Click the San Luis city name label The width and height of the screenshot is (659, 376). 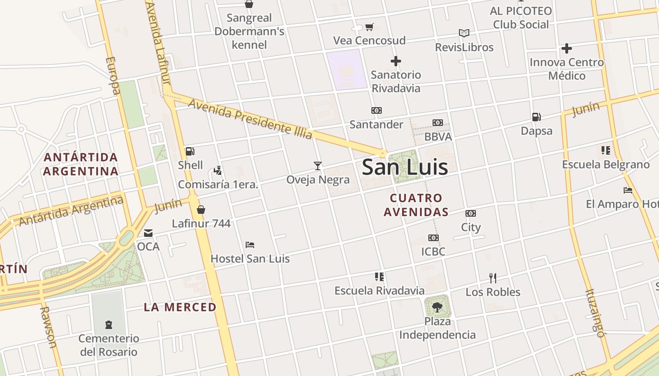pyautogui.click(x=405, y=167)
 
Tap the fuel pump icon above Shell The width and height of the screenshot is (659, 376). pyautogui.click(x=190, y=151)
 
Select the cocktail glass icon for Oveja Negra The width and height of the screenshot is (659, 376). pyautogui.click(x=318, y=165)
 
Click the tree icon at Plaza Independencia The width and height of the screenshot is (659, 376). pyautogui.click(x=437, y=307)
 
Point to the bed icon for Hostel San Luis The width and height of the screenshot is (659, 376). pyautogui.click(x=250, y=245)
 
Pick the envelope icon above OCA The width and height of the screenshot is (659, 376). pyautogui.click(x=148, y=233)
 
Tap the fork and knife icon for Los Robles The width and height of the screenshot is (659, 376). pyautogui.click(x=493, y=278)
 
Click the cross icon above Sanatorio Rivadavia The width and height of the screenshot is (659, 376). pyautogui.click(x=396, y=61)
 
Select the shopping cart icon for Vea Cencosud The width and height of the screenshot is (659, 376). pyautogui.click(x=370, y=27)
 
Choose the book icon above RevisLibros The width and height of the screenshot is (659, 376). pyautogui.click(x=464, y=33)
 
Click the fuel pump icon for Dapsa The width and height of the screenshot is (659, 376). pyautogui.click(x=536, y=117)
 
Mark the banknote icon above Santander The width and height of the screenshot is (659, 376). pyautogui.click(x=376, y=110)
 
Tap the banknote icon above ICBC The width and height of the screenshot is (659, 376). pyautogui.click(x=434, y=238)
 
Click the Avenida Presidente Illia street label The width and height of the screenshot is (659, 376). pyautogui.click(x=250, y=118)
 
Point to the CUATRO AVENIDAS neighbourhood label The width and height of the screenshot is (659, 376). pyautogui.click(x=416, y=205)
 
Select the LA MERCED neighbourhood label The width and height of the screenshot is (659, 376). pyautogui.click(x=180, y=307)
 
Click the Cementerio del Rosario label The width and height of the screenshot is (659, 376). pyautogui.click(x=109, y=345)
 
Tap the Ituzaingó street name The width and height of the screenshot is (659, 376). pyautogui.click(x=595, y=313)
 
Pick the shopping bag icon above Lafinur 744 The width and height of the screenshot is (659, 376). pyautogui.click(x=201, y=210)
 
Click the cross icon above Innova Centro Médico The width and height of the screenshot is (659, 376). pyautogui.click(x=567, y=48)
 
